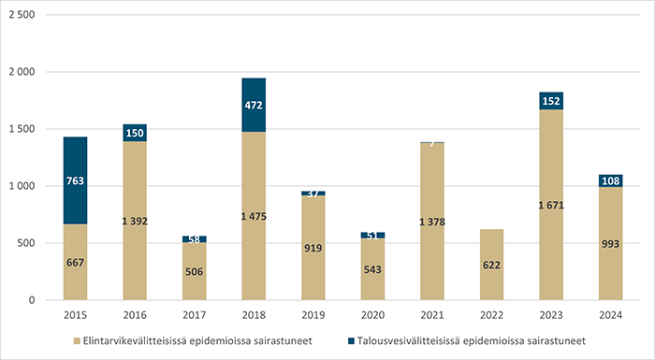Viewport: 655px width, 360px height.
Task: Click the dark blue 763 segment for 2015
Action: coord(75,180)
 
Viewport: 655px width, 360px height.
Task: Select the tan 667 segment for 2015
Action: coord(75,262)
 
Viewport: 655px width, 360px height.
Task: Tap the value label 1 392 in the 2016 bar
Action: coord(135,221)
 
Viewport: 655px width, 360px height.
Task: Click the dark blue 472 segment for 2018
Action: coord(254,105)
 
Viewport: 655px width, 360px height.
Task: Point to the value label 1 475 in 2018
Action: coord(254,216)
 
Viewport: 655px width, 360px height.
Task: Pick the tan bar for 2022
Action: coord(491,265)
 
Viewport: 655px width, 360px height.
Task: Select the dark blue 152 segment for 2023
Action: coord(550,101)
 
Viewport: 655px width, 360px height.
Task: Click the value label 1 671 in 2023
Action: coord(550,205)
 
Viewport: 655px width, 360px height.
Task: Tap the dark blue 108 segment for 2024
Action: coord(610,180)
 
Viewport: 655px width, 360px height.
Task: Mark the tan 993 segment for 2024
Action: coord(610,243)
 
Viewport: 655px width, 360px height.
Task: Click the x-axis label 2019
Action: coord(313,315)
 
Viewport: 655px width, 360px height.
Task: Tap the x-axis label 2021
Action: coord(431,315)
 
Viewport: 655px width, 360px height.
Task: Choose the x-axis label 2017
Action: coord(194,315)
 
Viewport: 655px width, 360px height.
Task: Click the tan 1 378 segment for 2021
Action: coord(431,222)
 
